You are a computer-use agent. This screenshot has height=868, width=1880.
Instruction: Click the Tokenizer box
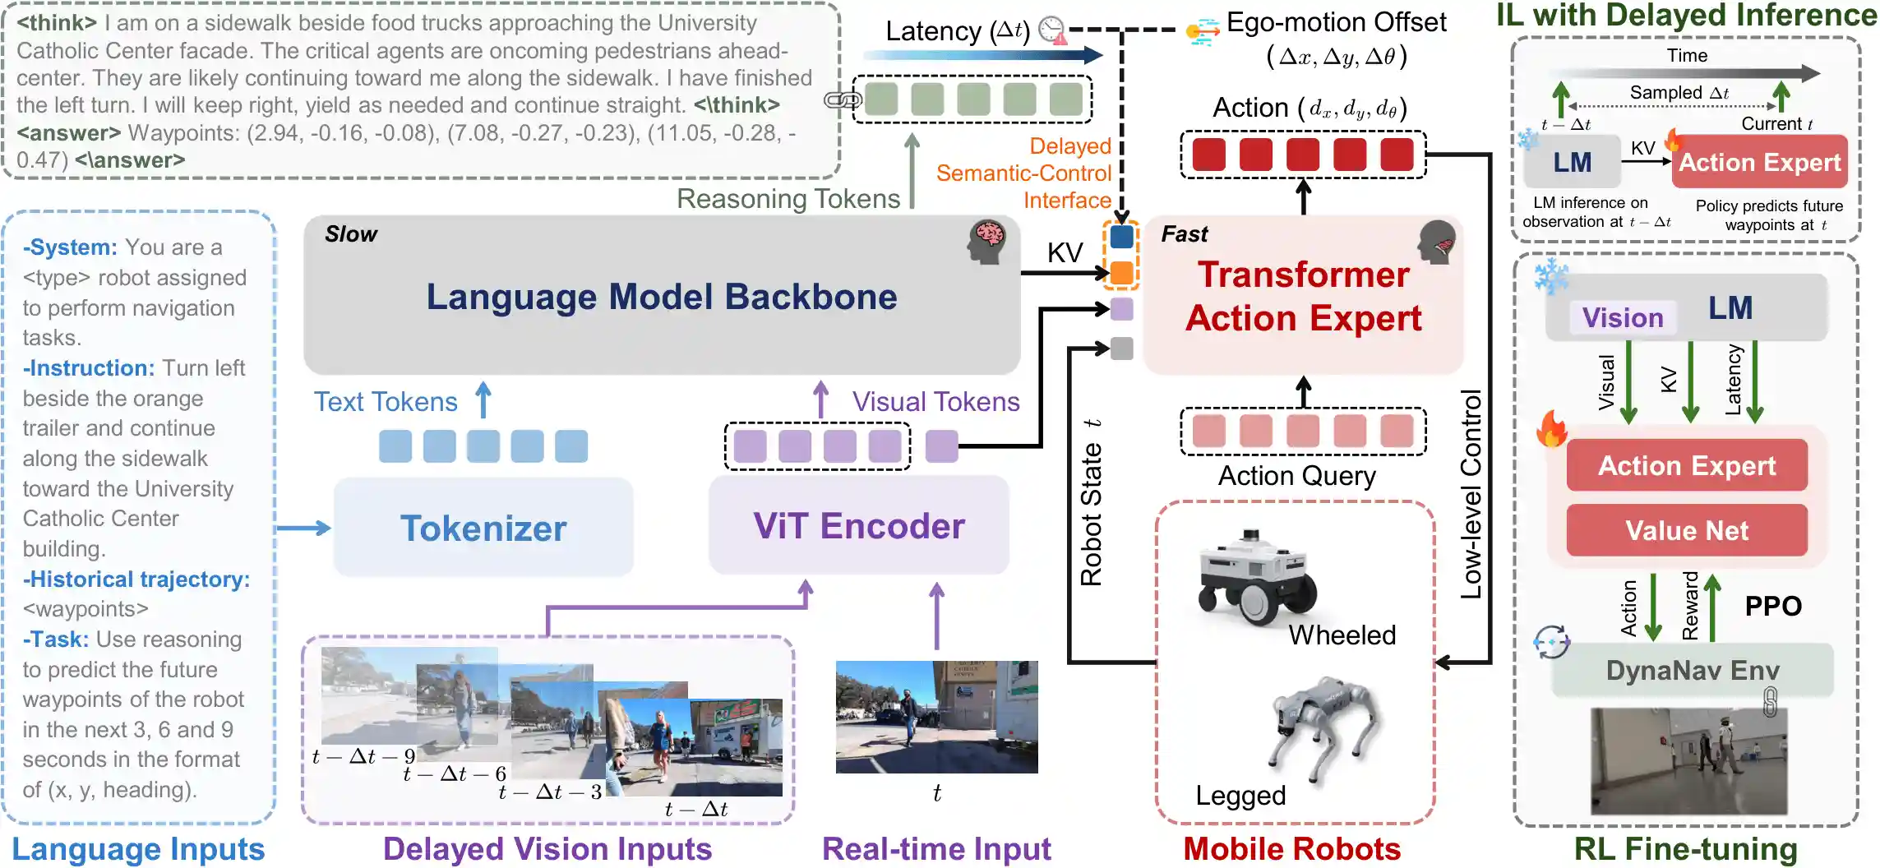click(483, 528)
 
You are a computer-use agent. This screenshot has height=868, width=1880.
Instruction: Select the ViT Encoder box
click(859, 526)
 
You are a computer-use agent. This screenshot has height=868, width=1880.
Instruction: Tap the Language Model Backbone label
click(661, 297)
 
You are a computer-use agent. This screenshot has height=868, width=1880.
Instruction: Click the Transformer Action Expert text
click(1303, 296)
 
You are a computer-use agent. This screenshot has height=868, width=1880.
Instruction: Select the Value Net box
click(1687, 531)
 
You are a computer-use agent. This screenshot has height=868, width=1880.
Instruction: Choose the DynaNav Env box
click(1693, 671)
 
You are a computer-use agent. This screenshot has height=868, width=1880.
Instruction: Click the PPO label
click(1773, 607)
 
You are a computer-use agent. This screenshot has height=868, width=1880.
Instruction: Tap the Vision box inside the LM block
click(1623, 318)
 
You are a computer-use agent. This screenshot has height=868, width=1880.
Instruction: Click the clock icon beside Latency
click(1052, 30)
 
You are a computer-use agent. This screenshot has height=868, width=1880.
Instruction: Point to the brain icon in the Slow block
click(986, 241)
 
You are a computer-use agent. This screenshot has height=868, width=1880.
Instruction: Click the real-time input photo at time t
click(936, 717)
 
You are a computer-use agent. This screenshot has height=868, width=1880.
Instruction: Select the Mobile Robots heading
click(1291, 849)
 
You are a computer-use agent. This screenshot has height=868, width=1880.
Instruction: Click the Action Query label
click(1296, 476)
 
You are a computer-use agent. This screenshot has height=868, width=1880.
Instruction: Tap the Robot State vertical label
click(1092, 503)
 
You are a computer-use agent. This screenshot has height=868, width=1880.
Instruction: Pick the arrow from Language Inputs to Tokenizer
click(303, 528)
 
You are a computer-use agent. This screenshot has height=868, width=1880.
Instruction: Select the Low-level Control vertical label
click(1471, 493)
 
